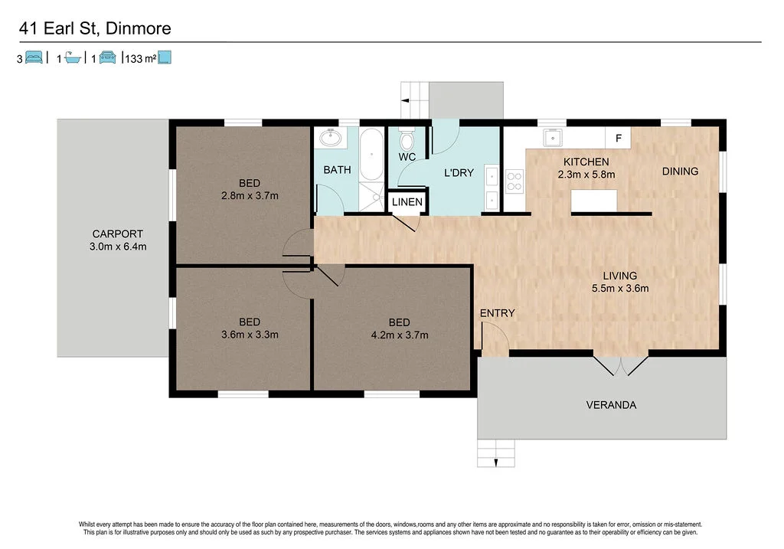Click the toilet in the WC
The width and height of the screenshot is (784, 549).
click(x=407, y=139)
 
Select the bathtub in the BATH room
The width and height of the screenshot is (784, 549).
click(x=371, y=155)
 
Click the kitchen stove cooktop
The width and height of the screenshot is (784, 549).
click(x=514, y=181)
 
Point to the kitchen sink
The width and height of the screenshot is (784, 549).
click(x=553, y=138)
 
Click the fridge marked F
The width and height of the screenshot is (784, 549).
click(x=618, y=138)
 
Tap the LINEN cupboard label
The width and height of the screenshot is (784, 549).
click(x=407, y=202)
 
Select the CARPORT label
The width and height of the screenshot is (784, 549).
click(x=117, y=234)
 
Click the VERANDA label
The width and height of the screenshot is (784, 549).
click(x=611, y=405)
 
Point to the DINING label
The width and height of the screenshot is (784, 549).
click(x=680, y=172)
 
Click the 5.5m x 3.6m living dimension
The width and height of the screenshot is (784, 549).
click(x=620, y=289)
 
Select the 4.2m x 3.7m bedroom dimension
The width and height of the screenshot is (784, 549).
click(x=400, y=335)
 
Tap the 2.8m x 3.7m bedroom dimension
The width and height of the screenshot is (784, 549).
click(x=250, y=195)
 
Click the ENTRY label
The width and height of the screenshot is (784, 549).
click(x=497, y=313)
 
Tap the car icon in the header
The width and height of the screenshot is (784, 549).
click(x=107, y=57)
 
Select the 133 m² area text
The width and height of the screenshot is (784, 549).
click(x=141, y=58)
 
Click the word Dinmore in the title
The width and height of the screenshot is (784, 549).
click(x=139, y=28)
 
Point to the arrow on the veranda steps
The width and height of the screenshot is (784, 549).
click(x=496, y=462)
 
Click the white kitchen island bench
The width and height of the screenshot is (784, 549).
click(x=594, y=201)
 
